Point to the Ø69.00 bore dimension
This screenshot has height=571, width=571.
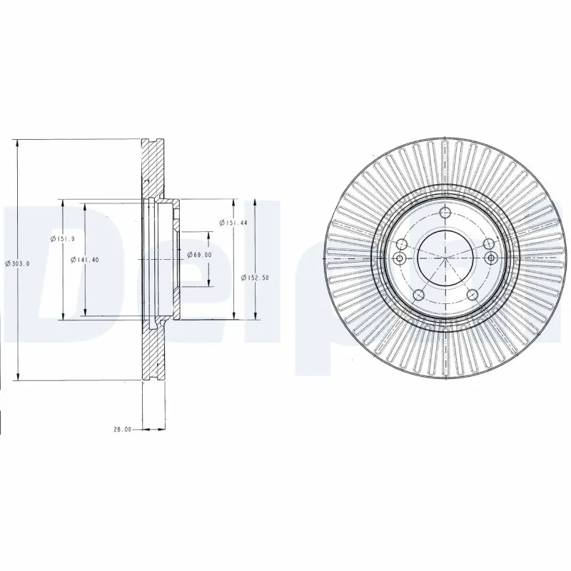point(200,255)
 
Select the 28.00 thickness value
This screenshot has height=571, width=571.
point(123,430)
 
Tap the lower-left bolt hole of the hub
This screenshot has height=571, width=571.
point(420,295)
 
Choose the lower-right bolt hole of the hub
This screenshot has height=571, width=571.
point(471,295)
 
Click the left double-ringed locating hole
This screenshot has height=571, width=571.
point(400,258)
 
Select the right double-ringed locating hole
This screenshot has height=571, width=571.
point(490,258)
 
